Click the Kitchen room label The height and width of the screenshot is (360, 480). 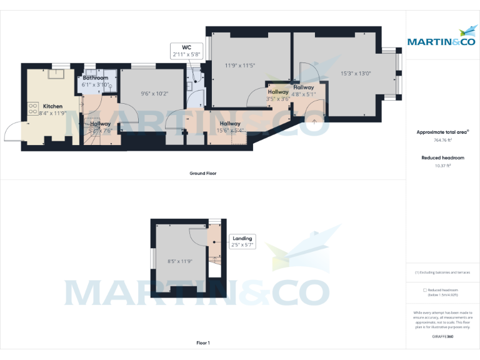pos(52,106)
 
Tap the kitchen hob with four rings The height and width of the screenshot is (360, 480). pos(32,110)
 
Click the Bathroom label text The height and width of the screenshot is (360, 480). pos(96,78)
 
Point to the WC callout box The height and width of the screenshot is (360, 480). pos(186,51)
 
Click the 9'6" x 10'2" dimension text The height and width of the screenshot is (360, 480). pos(154,94)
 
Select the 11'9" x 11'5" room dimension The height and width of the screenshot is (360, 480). pos(240,66)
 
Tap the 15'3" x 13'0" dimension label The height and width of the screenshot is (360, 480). pos(356,73)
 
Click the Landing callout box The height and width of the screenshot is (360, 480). pos(242,242)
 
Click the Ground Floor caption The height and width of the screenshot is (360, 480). pos(202,173)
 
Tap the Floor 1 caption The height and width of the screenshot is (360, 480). pos(202,343)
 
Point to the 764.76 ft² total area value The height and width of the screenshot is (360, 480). pos(442,141)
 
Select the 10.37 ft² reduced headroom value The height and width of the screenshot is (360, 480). pos(442,166)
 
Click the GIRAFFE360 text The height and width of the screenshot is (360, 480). pos(442,337)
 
